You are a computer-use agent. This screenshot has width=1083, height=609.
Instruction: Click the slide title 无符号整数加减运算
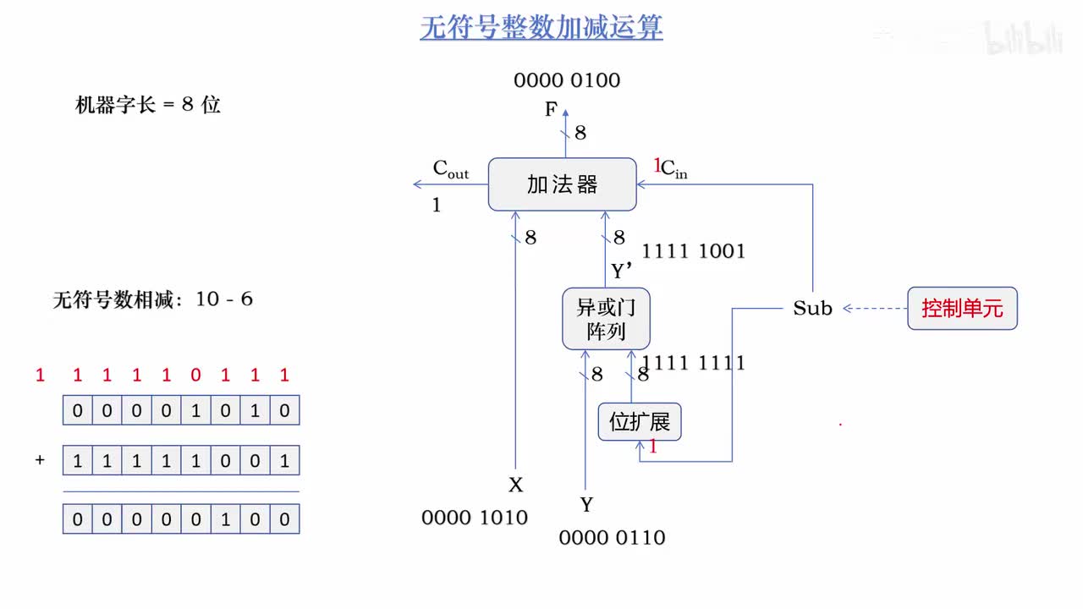coord(541,28)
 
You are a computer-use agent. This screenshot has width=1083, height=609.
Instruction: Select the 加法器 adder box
coord(562,184)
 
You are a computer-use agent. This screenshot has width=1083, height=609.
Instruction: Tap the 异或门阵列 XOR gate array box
coord(606,319)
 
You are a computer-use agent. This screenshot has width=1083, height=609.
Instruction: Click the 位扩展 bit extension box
coord(640,422)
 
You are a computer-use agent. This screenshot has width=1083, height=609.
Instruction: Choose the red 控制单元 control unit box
coord(962,309)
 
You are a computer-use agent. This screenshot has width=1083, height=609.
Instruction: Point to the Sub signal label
coord(812,309)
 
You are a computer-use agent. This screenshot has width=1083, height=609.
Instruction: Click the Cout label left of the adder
coord(450,169)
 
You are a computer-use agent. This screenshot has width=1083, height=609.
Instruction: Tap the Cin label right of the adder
coord(673,169)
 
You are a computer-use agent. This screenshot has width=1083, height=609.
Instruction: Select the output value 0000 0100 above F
coord(567,81)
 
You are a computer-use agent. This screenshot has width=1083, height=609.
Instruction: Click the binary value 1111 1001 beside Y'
coord(693,251)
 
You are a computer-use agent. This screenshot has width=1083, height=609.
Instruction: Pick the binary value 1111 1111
coord(693,363)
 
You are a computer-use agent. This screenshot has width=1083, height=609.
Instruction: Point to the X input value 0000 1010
coord(474,518)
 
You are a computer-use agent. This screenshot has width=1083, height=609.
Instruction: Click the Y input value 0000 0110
coord(612,537)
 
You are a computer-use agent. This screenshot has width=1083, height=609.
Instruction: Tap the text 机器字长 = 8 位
coord(148,106)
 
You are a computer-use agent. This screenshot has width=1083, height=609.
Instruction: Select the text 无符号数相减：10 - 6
coord(152,299)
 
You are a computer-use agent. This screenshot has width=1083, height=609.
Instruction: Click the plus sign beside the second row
coord(40,461)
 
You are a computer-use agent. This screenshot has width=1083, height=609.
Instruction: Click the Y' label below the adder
coord(622,271)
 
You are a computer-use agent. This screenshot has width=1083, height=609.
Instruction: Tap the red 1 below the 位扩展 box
coord(652,447)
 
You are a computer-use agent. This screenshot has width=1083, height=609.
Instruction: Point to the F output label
coord(551,110)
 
